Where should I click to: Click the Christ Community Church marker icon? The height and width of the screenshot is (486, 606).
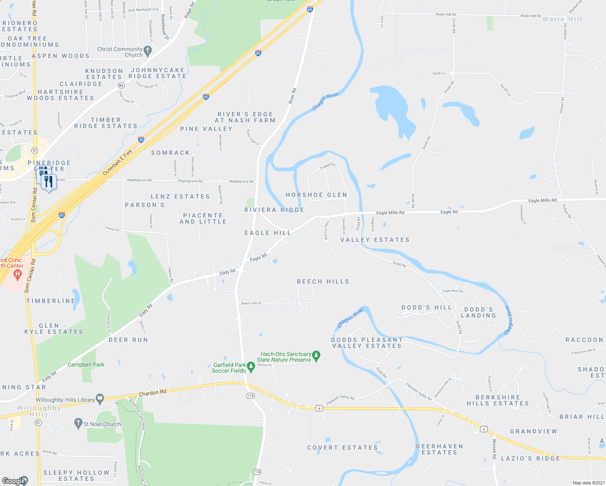pos(147,51)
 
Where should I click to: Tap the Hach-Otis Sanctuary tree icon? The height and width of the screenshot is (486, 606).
pos(316,356)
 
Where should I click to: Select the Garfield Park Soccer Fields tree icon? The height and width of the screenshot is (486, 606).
pos(251,367)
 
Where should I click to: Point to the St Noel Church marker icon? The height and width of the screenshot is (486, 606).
pos(79,424)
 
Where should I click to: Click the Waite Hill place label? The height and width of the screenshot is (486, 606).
pos(562,19)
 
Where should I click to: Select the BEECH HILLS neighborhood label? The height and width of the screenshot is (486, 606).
pos(323,281)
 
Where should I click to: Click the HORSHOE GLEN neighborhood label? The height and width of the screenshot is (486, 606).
pos(316,195)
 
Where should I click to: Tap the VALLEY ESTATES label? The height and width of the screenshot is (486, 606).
pos(375,240)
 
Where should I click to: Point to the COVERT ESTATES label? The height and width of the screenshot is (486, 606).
pos(342,448)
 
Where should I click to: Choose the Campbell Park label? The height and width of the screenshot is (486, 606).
pos(86,364)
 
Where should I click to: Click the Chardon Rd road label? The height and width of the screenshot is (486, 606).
pos(152,393)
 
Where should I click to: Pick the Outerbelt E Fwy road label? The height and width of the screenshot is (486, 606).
pos(117,162)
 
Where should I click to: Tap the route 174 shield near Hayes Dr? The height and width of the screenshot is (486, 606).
pos(257,472)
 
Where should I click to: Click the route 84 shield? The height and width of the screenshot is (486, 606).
pos(121,85)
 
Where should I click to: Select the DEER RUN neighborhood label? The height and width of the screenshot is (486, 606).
pos(128,340)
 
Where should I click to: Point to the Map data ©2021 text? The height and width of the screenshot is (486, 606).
pos(588,483)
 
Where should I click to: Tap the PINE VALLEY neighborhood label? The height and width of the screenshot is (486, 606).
pos(206,129)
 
